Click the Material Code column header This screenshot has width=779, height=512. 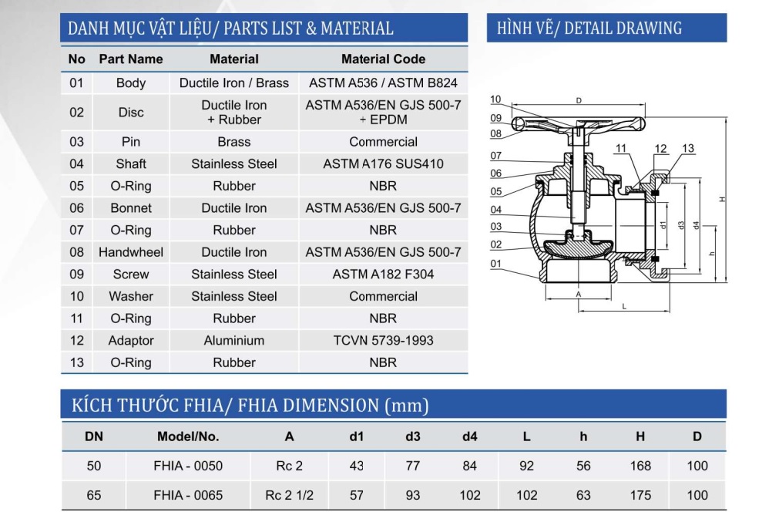[383, 59]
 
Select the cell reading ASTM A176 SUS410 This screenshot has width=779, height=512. [383, 163]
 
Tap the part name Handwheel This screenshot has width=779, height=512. [131, 252]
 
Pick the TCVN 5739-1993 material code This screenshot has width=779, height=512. [383, 341]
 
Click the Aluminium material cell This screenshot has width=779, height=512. [234, 341]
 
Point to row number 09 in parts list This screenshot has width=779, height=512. [76, 275]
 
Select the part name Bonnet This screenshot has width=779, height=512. [131, 207]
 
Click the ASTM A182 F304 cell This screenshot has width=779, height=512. [383, 275]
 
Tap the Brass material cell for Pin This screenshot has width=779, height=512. [234, 142]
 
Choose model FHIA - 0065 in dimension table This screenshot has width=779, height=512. [188, 495]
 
